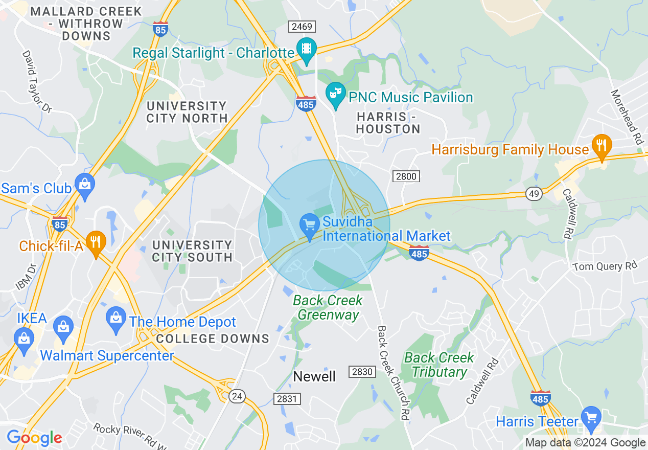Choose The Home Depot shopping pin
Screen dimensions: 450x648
(x=116, y=319)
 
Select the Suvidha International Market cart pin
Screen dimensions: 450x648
(x=309, y=226)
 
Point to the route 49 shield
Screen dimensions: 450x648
(x=534, y=193)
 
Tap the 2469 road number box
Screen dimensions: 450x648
(x=302, y=27)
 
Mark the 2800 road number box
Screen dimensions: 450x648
(x=406, y=176)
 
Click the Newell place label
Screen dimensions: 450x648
(x=314, y=377)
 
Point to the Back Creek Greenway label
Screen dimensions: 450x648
(x=328, y=307)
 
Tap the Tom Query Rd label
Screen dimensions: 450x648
(x=605, y=266)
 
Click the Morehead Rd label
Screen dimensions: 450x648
(x=627, y=117)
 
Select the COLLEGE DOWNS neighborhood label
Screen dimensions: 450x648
(x=213, y=339)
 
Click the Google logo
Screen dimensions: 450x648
(x=34, y=438)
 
